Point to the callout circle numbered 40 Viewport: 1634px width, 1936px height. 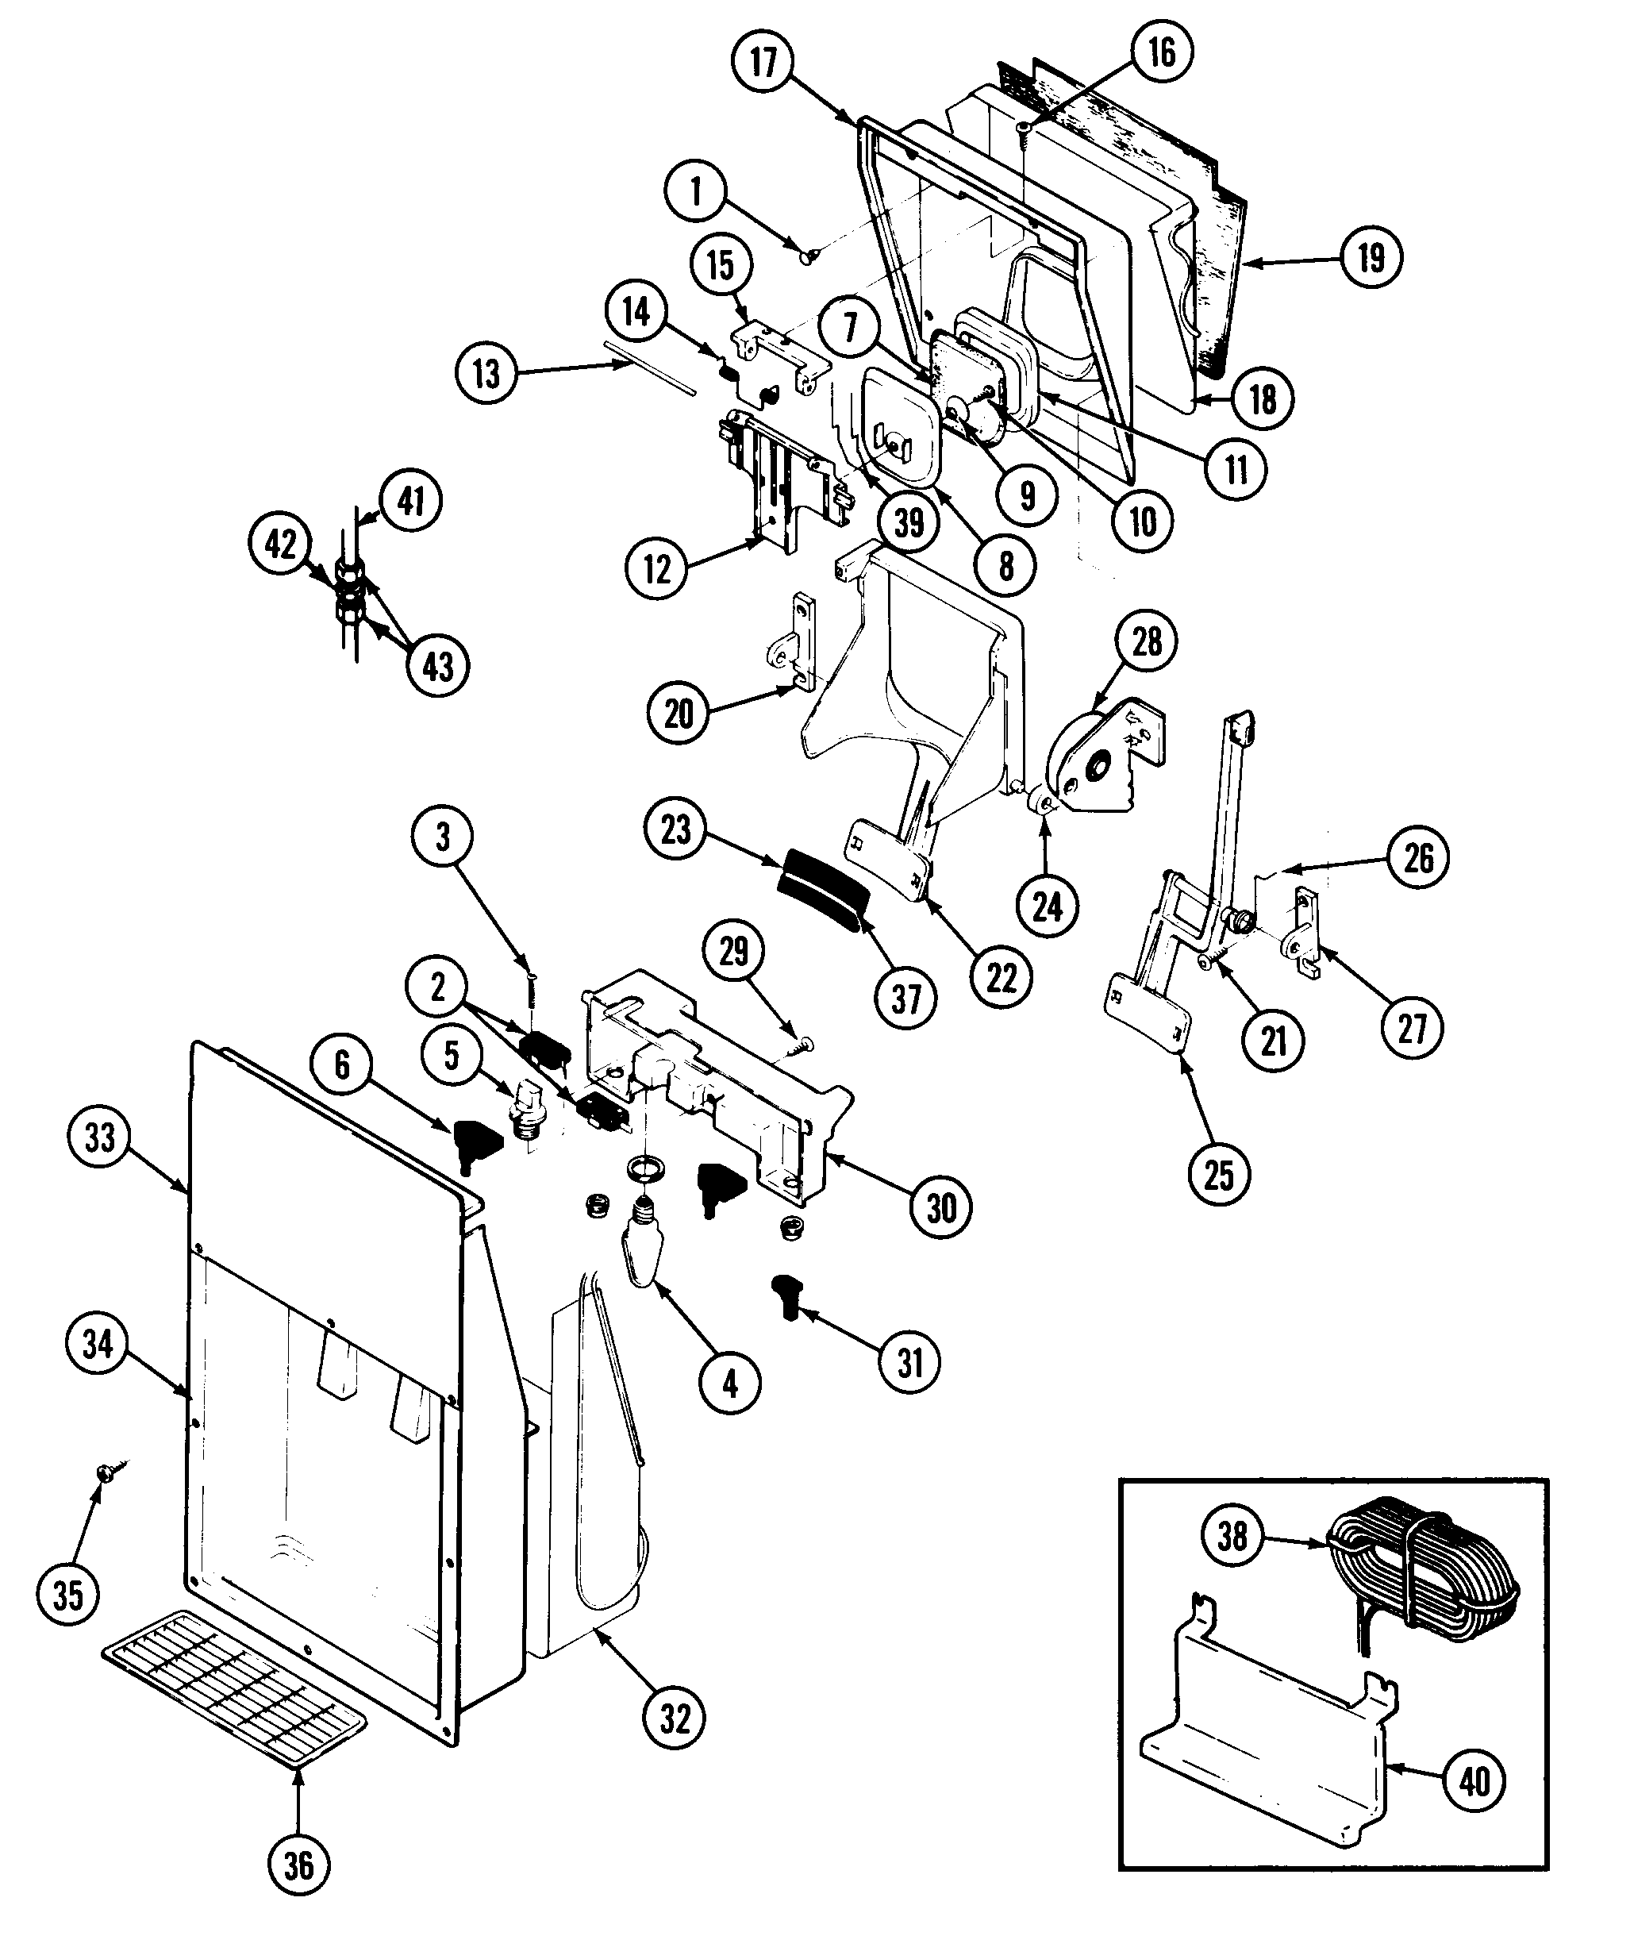(1473, 1780)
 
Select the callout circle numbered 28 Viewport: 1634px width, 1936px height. (1147, 641)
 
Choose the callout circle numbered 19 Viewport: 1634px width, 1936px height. (1371, 256)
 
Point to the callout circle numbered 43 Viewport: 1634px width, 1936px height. (437, 665)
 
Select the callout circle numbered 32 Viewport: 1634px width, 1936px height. (675, 1719)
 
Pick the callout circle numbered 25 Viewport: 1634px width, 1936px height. (1219, 1175)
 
